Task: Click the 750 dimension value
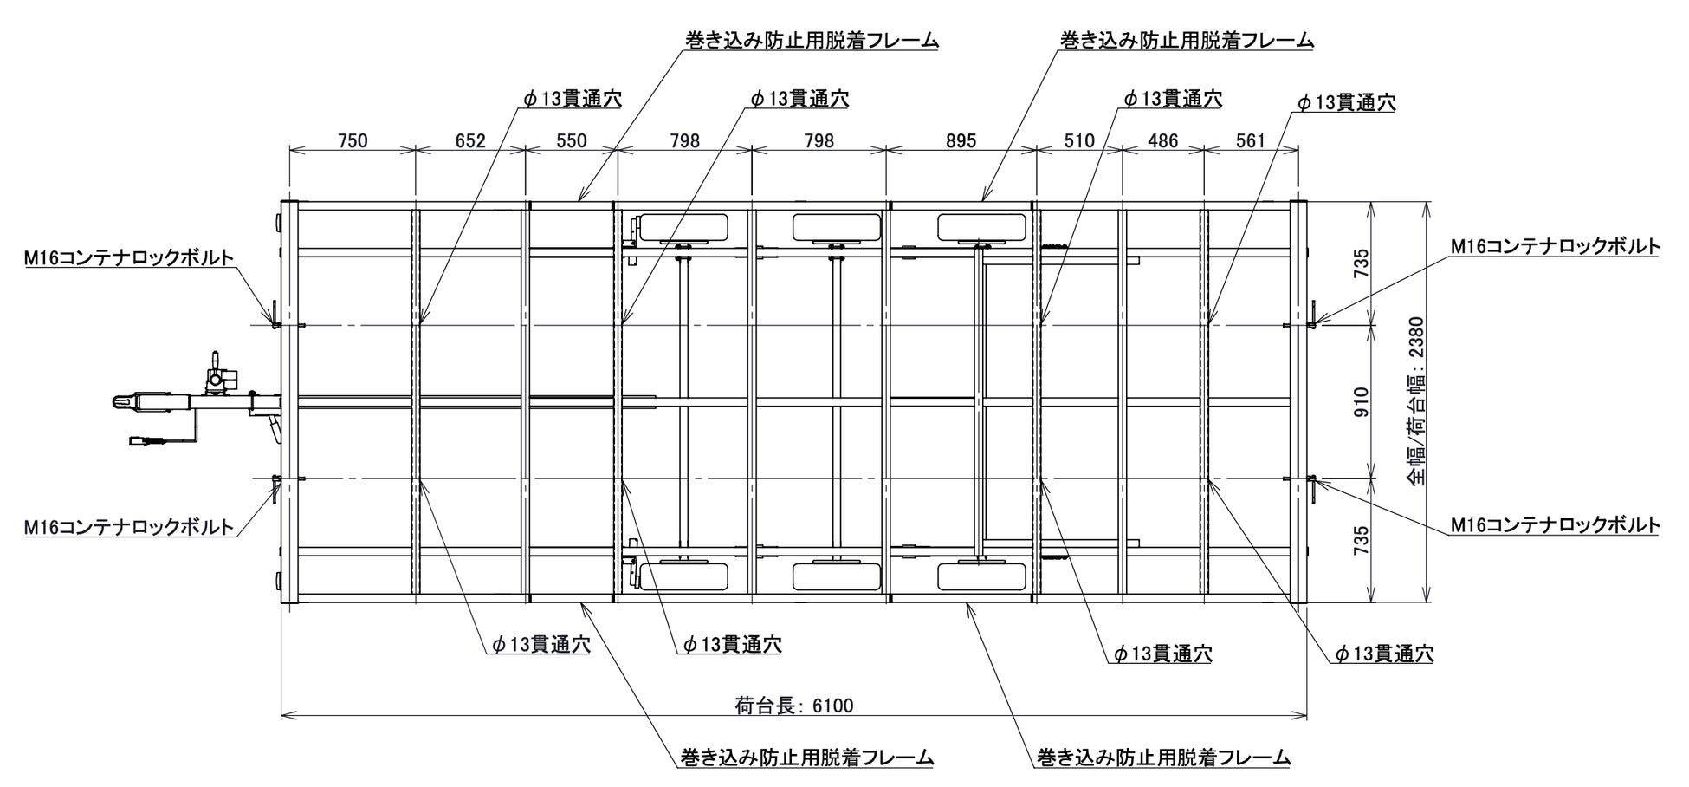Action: [353, 140]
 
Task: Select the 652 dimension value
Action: [470, 140]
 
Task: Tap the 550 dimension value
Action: [571, 140]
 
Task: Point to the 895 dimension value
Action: [961, 140]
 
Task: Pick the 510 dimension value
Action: [1078, 140]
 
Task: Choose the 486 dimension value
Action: [1162, 140]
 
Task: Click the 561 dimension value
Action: [1251, 140]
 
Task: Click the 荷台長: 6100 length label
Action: [793, 706]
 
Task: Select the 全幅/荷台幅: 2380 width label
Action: [1414, 402]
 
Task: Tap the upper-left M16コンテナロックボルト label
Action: [129, 257]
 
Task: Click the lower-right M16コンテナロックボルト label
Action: [1556, 524]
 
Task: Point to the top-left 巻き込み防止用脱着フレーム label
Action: [812, 40]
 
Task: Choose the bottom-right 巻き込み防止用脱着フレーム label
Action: [1163, 758]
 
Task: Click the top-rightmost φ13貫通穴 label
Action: [1346, 102]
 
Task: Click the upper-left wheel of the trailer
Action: [683, 228]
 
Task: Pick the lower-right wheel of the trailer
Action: [981, 576]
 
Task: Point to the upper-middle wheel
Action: [836, 227]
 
